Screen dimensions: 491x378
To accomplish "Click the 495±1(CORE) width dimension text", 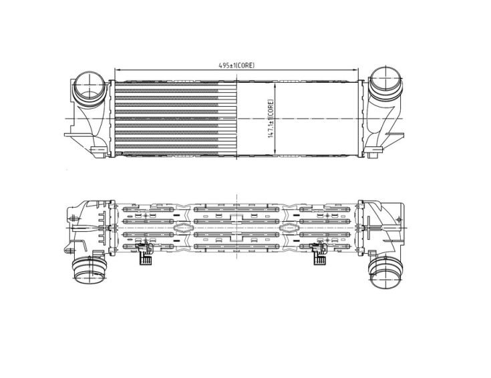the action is coord(236,65).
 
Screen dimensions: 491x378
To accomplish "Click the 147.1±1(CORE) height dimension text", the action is coord(271,119).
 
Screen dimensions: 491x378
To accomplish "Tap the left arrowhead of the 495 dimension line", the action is coord(117,70).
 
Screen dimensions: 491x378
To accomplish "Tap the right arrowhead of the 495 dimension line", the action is coord(356,70).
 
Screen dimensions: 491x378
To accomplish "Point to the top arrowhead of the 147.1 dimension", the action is coord(275,85).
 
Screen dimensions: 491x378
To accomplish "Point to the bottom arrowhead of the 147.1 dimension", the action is coord(275,152).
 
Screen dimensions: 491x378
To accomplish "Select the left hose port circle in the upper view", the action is coord(90,85).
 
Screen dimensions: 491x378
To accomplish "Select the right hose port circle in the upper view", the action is coord(385,80).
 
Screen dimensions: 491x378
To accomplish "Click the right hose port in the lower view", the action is coord(385,272).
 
